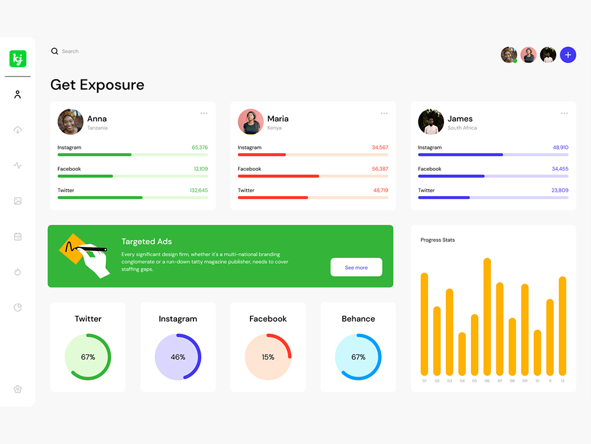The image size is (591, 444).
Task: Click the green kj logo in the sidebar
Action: coord(18,59)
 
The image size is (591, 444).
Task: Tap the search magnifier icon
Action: coord(55,51)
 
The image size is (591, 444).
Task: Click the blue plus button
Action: coord(567,55)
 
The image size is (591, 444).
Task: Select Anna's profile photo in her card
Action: coord(70,122)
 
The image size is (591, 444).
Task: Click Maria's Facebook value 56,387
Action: coord(380,169)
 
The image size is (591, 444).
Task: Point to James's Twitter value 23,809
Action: coord(560,190)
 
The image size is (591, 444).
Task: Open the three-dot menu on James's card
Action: coord(564,113)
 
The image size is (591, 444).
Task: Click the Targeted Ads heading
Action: coord(146,241)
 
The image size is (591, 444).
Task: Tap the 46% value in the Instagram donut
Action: coord(178,357)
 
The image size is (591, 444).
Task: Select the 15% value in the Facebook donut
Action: coord(268,357)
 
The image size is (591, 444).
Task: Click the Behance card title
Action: coord(358,319)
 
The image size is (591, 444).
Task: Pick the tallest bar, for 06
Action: coord(487,316)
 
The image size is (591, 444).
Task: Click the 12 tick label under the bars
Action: coord(562,381)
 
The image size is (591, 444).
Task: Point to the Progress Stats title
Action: coord(438,240)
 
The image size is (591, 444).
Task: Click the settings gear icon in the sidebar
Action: coord(18,389)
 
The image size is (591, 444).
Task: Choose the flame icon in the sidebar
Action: coord(18,272)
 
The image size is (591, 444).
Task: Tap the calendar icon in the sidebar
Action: coord(18,237)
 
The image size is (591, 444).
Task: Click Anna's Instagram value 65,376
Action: coord(199,147)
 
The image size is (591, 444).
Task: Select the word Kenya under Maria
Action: coord(274,128)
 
